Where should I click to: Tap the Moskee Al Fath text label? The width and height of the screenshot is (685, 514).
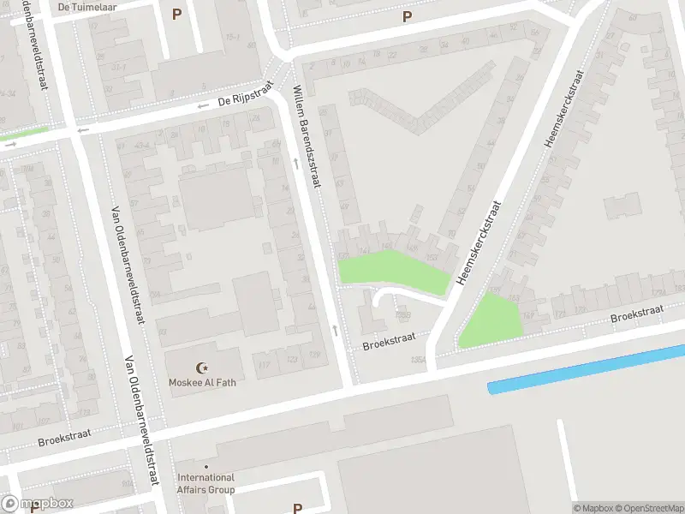[x=201, y=382]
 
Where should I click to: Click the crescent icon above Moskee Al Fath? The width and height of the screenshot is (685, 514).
[x=203, y=367]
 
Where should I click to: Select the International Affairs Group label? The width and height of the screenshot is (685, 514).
[x=205, y=484]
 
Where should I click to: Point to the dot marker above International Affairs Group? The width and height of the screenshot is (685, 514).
[x=205, y=467]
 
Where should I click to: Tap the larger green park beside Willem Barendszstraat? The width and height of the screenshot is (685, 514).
[x=394, y=272]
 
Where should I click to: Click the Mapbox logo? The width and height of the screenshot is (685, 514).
[x=38, y=503]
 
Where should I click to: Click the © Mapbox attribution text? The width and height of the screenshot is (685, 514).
[x=593, y=508]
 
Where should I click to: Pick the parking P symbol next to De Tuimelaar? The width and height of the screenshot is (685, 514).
[x=177, y=14]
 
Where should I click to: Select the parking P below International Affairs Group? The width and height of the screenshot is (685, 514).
[x=297, y=508]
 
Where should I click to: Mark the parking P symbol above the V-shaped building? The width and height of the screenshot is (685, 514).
[x=407, y=16]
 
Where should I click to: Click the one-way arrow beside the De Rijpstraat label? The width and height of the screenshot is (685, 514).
[x=203, y=106]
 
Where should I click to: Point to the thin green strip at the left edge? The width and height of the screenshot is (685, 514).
[x=24, y=134]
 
